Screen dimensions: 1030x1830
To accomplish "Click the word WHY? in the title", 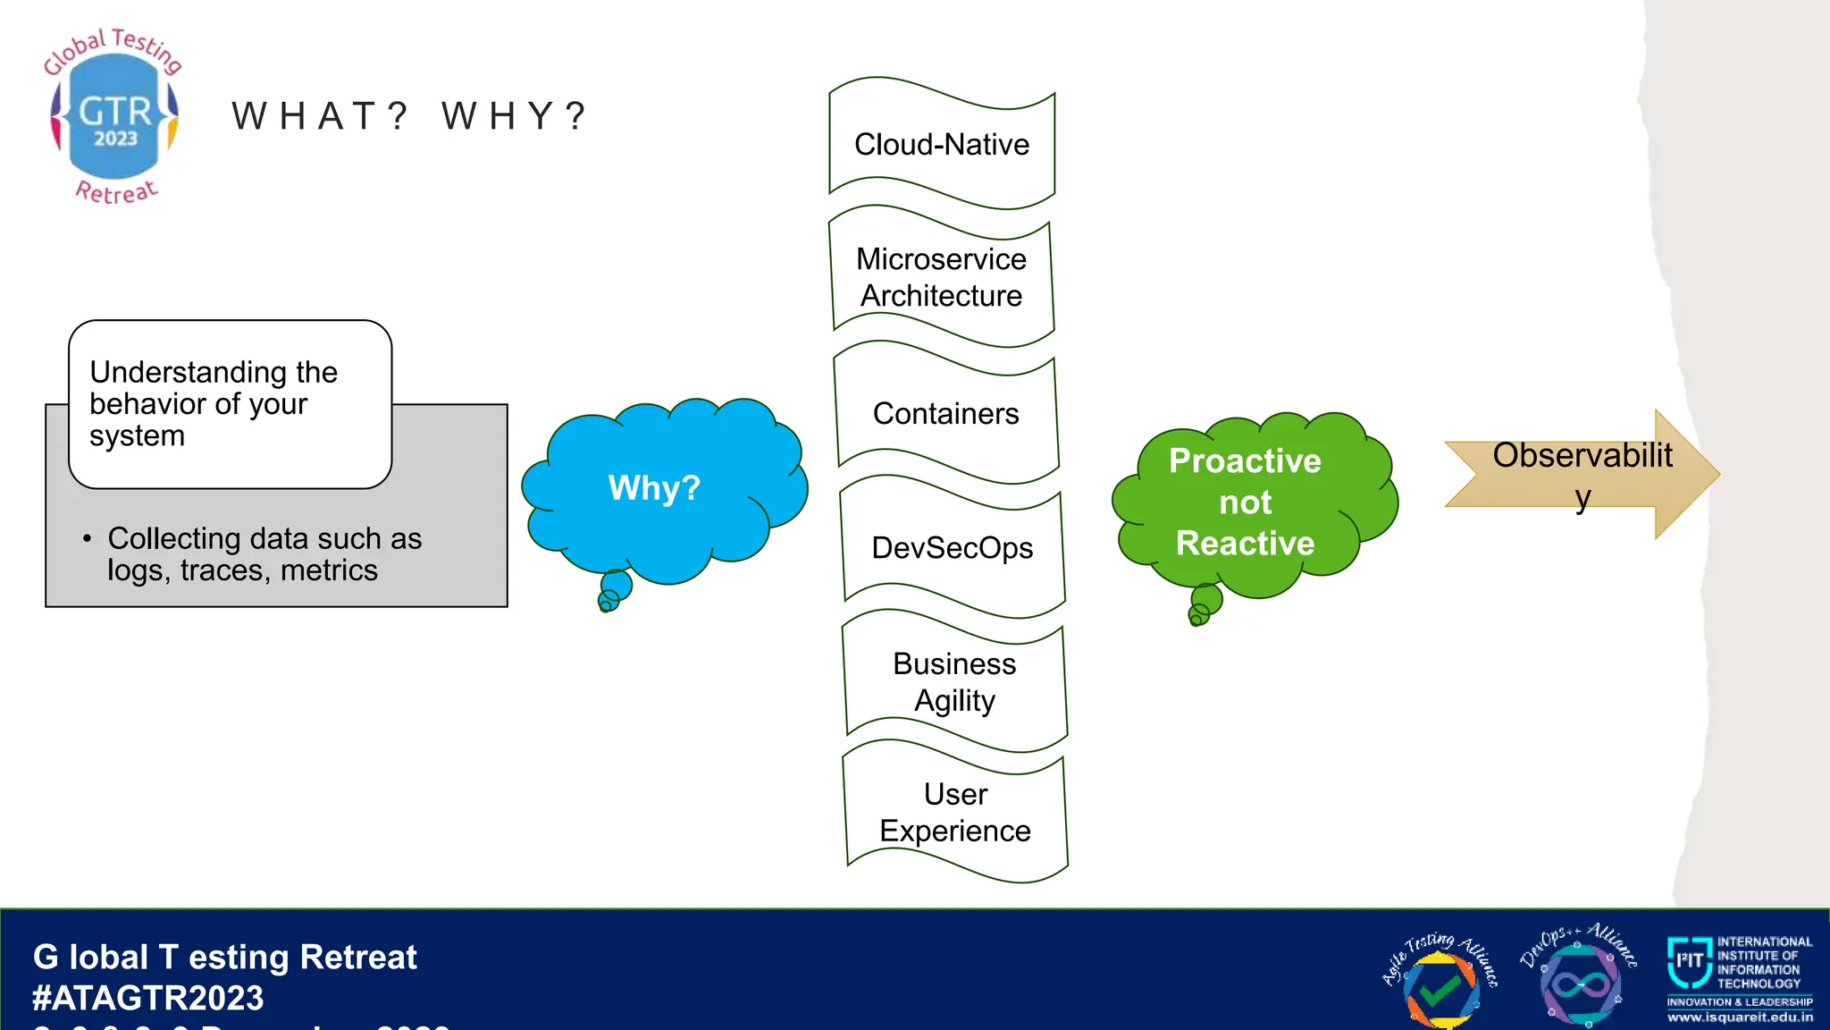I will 515,116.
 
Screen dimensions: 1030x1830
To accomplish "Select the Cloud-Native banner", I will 942,144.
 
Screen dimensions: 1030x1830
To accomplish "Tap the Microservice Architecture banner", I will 942,277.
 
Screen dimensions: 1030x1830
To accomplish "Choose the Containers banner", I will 946,413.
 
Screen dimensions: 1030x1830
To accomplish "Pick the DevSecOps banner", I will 952,547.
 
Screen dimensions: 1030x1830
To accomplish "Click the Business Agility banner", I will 954,681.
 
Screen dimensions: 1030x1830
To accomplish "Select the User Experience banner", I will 955,812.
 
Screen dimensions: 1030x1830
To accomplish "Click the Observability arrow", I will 1582,474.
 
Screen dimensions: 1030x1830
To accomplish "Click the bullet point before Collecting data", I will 87,539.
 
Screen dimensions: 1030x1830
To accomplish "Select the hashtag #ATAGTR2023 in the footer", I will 148,998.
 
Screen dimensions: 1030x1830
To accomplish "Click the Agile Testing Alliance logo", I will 1440,982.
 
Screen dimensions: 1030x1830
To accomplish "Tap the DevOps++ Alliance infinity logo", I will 1580,982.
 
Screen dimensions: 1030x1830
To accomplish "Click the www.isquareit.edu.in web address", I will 1740,1017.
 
